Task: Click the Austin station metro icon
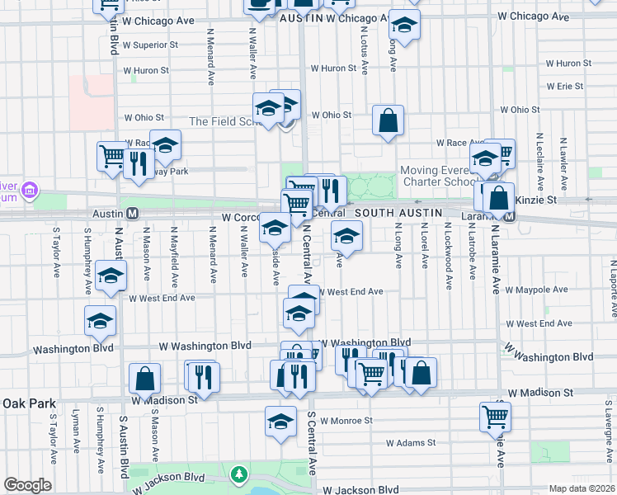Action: pos(133,213)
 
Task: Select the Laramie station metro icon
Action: pos(510,217)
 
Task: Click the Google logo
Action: pos(26,485)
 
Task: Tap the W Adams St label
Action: pos(410,443)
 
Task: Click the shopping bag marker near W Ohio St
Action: pos(388,121)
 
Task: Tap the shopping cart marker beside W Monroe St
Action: pos(495,417)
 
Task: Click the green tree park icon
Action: pos(239,474)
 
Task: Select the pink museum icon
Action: pos(31,192)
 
